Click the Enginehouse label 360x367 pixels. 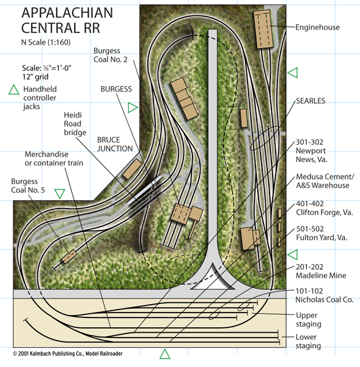[x=317, y=27]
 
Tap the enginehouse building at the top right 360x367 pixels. [x=263, y=29]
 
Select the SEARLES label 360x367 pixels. [x=310, y=101]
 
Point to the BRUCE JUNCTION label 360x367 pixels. [x=115, y=144]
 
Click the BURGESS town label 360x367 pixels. [x=116, y=89]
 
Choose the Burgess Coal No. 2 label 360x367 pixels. [x=111, y=55]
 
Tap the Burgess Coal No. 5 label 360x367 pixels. [x=28, y=185]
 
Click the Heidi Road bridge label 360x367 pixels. [x=75, y=124]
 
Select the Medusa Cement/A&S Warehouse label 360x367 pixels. [x=325, y=181]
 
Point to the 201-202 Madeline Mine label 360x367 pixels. [x=321, y=271]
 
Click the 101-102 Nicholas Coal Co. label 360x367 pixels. [x=324, y=295]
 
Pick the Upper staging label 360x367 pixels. [x=309, y=320]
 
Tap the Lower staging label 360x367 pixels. [x=308, y=341]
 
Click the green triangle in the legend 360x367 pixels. [x=14, y=91]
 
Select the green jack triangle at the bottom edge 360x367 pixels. [x=165, y=355]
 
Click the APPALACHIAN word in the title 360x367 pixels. [x=67, y=13]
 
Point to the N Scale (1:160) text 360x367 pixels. [x=46, y=42]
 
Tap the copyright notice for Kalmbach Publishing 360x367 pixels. [x=68, y=354]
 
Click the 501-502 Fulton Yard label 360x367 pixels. [x=321, y=233]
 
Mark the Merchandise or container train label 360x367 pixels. [x=54, y=158]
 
